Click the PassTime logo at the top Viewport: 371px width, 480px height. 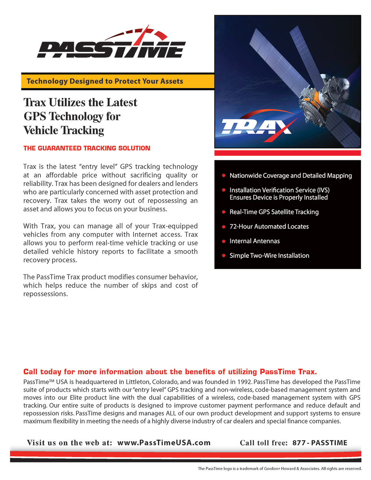pos(111,45)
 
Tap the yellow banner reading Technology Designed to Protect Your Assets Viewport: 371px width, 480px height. pos(105,81)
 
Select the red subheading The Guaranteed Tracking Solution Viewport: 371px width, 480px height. pos(87,148)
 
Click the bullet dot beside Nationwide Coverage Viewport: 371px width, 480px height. pos(224,175)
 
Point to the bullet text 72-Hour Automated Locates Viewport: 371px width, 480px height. pos(269,227)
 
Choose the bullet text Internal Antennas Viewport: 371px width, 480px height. pos(255,241)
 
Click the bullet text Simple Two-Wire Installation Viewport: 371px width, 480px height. pos(269,256)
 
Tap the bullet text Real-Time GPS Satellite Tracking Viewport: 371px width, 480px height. pos(274,212)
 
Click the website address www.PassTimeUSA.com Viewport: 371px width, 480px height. pos(164,443)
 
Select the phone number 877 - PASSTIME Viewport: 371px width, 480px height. pos(320,443)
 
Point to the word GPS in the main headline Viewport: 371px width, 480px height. pos(35,116)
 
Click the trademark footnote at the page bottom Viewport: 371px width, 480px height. pos(279,469)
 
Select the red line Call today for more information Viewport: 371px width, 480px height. pos(170,372)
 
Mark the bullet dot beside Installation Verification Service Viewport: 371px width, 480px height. pos(224,190)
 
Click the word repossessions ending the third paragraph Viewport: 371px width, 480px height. pos(45,294)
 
